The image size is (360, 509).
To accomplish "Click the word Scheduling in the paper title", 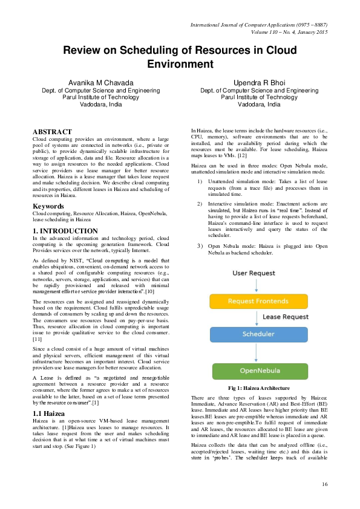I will [x=154, y=50].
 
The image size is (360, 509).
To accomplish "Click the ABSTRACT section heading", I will [x=52, y=131].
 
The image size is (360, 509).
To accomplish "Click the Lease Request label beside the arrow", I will [x=287, y=317].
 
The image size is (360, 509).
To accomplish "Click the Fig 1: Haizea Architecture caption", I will [x=259, y=387].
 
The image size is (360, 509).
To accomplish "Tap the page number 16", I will [x=324, y=484].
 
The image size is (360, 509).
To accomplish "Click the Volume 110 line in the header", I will [x=282, y=31].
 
